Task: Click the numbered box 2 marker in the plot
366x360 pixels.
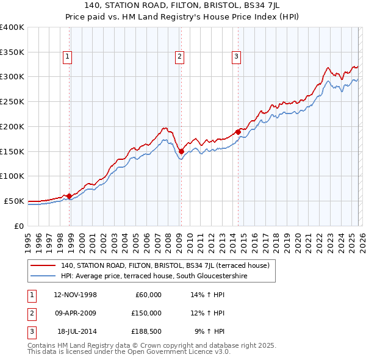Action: click(x=180, y=57)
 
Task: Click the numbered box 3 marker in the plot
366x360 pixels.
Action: click(x=236, y=57)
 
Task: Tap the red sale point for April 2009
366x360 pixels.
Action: click(x=181, y=151)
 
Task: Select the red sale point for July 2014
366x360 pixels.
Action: click(x=238, y=131)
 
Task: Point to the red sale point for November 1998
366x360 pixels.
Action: click(x=69, y=196)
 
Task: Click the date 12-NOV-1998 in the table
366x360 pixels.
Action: click(x=75, y=295)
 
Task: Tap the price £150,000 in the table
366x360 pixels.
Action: click(x=146, y=313)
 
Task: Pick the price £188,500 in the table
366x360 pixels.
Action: click(x=146, y=331)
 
